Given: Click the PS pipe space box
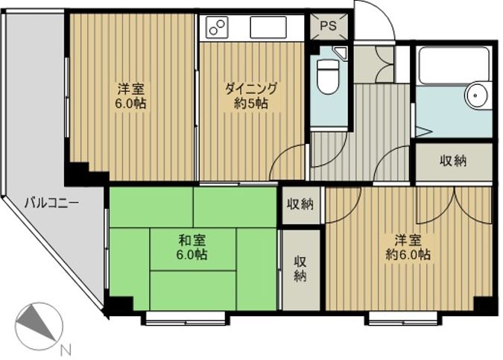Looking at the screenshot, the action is pos(329,26).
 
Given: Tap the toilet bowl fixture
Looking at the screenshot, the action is pos(328,76).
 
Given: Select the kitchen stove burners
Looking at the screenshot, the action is pos(218,28).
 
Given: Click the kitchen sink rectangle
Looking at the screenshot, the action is pos(268,28).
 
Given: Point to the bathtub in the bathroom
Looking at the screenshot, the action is pos(454,64).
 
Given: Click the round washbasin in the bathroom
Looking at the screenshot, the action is pos(477,95).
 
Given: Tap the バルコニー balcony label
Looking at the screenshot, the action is pos(52,203).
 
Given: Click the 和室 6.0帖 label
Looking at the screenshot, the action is pos(192,247).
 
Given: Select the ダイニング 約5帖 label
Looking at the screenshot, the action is pos(251,95).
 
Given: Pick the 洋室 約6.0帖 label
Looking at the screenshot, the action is pos(408,247).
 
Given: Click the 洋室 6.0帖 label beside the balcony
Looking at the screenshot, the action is pos(130,95).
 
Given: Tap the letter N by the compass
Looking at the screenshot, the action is pos(66,350).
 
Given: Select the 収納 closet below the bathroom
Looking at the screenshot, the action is pos(454,161).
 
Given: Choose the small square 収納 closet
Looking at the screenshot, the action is pos(300,204).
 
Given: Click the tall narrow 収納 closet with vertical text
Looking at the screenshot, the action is pos(300,270).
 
